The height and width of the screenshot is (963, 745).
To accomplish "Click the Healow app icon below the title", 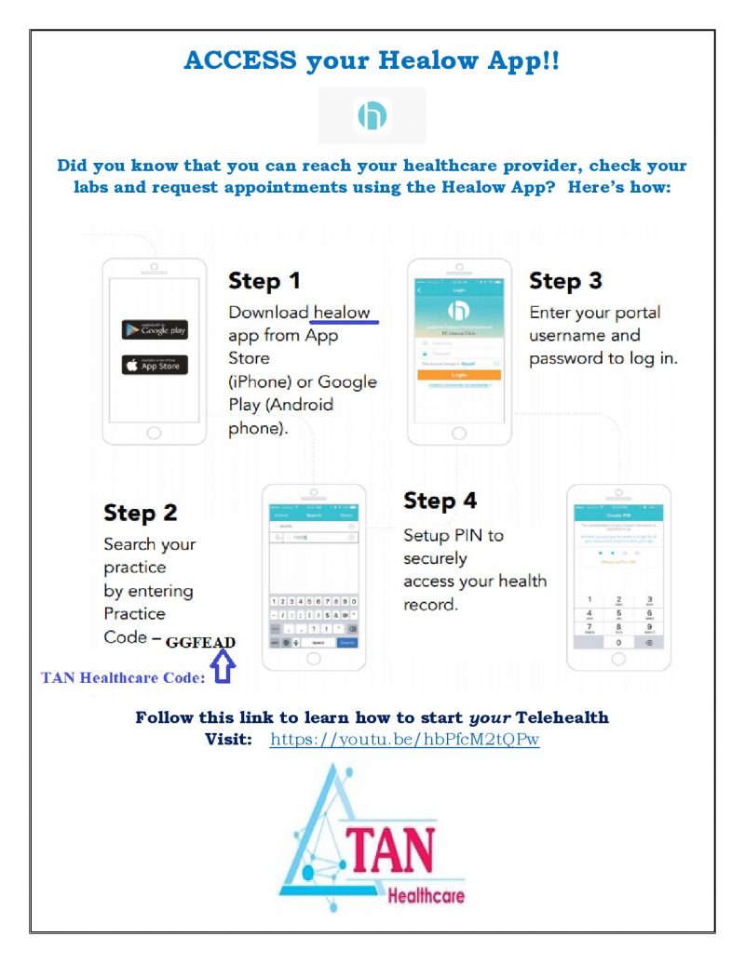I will pos(372,115).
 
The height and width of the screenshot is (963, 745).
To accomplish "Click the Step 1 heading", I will pos(264,281).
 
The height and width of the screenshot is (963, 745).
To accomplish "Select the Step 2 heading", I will pos(140,513).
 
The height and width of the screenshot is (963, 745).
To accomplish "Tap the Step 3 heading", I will pos(565,281).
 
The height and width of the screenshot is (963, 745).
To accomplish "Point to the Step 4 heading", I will pos(440,501).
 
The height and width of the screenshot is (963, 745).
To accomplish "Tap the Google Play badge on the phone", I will pos(154,329).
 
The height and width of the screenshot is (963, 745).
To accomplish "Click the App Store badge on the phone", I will pos(154,365).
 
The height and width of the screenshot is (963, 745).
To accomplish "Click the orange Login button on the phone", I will pos(459,374).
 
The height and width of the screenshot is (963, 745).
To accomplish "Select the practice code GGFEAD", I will pos(200,642).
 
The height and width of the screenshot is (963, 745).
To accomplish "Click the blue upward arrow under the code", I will pos(223,668).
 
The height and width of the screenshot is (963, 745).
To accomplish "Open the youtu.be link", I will pos(404,740).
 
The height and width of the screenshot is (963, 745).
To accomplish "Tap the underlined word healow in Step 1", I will pos(342,313).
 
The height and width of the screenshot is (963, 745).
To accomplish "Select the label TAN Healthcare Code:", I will pos(123,677).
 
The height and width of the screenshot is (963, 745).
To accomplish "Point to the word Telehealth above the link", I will pos(562,717).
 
